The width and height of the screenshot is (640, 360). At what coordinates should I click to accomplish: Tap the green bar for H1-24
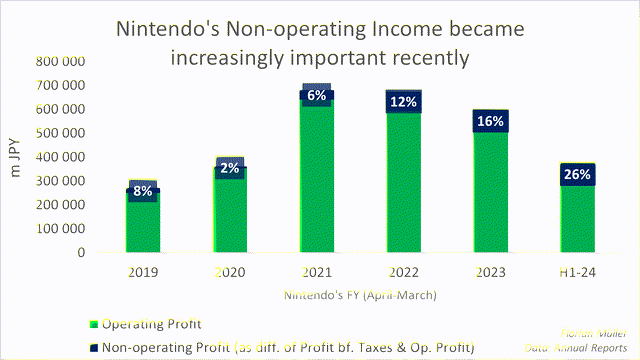click(577, 220)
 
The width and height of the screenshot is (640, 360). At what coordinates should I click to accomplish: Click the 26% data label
click(577, 175)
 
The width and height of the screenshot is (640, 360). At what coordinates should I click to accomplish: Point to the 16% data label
click(491, 121)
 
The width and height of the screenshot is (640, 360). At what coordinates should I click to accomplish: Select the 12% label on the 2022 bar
click(404, 101)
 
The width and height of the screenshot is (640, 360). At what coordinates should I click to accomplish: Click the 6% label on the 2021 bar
click(317, 96)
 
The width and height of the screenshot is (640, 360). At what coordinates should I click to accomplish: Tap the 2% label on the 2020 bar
click(230, 168)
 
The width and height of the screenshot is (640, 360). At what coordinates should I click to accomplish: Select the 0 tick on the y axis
click(81, 253)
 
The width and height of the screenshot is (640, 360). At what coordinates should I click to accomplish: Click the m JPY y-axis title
click(18, 157)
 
